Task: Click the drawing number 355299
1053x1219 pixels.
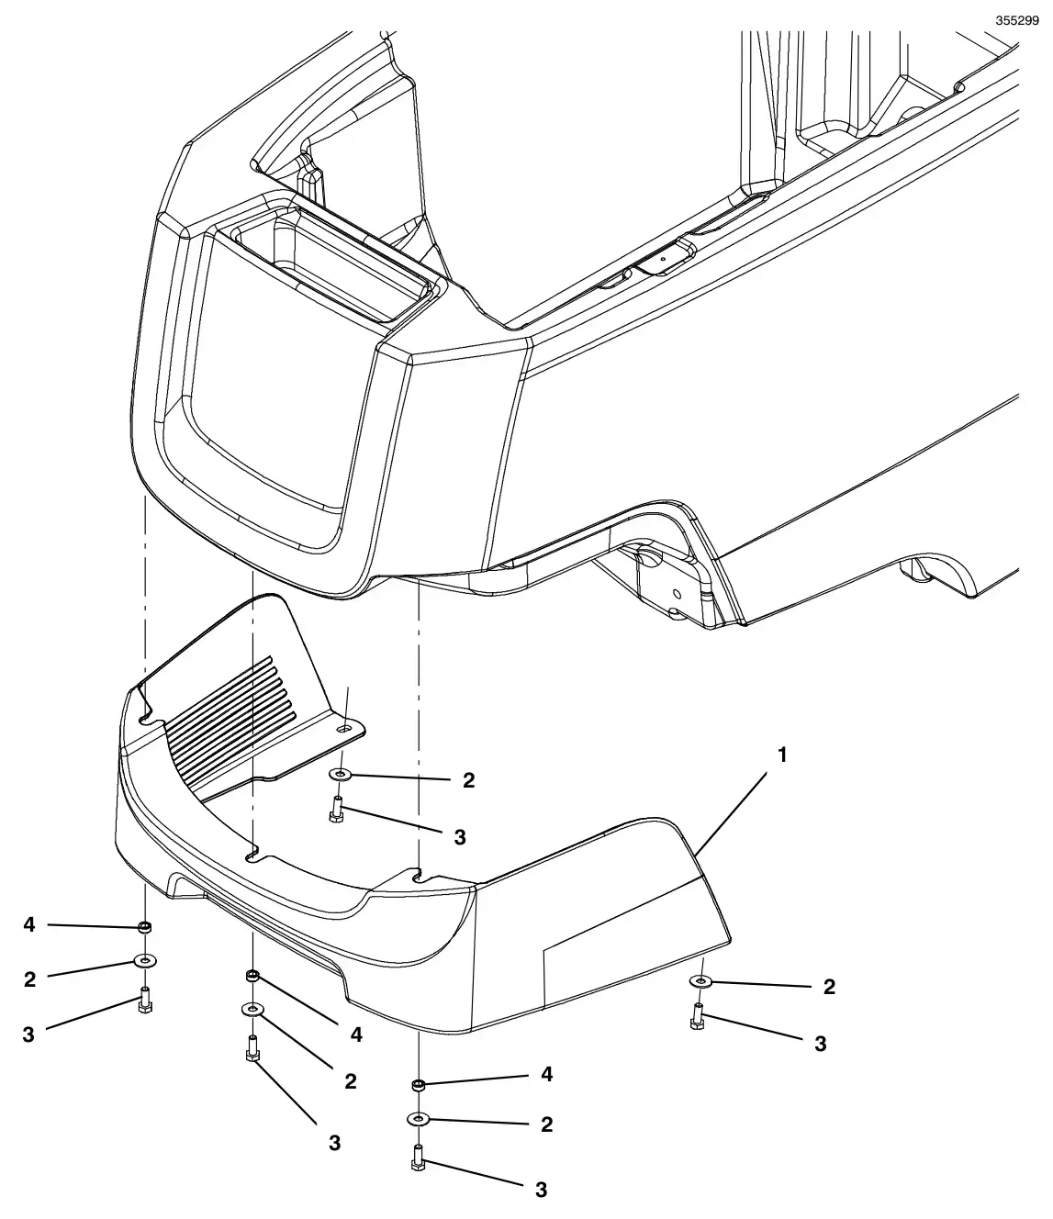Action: [1017, 20]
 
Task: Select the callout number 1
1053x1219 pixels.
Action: [782, 755]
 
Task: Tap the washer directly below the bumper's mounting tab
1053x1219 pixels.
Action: [341, 773]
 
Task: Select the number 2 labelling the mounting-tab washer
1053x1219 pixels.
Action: [468, 780]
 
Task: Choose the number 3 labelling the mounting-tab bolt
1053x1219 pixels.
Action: [460, 837]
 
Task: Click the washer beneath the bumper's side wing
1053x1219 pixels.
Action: [700, 980]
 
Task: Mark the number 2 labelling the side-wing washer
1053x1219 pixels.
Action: [829, 987]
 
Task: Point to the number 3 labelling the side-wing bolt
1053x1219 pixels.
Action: [820, 1044]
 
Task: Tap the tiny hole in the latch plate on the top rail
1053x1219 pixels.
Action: [662, 258]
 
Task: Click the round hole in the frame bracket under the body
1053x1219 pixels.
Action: [678, 593]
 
